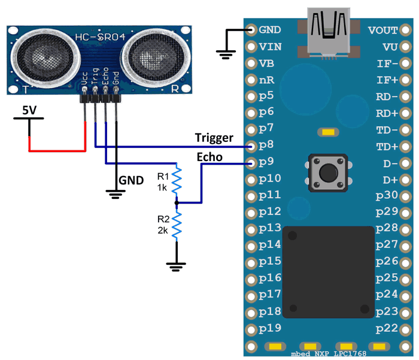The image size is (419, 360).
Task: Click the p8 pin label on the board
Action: coord(266,145)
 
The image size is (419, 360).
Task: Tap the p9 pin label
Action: coord(266,162)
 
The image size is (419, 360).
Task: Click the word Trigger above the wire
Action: coord(214,137)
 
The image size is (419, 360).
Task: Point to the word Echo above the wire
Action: coord(209,157)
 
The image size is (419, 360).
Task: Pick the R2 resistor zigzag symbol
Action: coord(177,225)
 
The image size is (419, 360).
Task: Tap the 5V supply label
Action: coord(28,110)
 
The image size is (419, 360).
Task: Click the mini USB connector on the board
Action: coord(328,33)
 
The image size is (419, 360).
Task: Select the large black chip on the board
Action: coord(327,271)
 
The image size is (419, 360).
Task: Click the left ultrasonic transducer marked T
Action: coord(44,59)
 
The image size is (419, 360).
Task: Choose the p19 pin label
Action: coord(266,327)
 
